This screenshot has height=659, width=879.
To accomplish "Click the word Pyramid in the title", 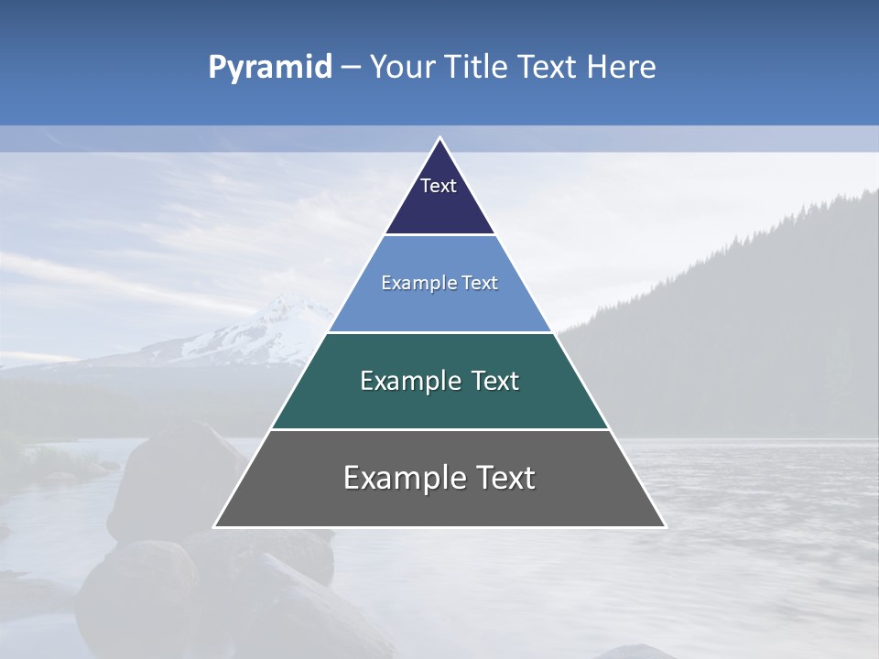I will (269, 68).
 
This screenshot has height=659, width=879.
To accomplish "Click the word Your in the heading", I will (401, 67).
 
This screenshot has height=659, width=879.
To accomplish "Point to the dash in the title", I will (350, 68).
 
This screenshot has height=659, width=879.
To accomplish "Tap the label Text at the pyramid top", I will (439, 186).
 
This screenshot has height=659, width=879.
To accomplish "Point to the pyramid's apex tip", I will (439, 138).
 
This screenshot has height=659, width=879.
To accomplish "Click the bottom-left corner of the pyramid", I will (215, 526).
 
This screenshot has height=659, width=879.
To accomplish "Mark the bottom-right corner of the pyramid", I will (664, 526).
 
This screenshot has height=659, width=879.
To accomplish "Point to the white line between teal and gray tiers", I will (439, 429).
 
